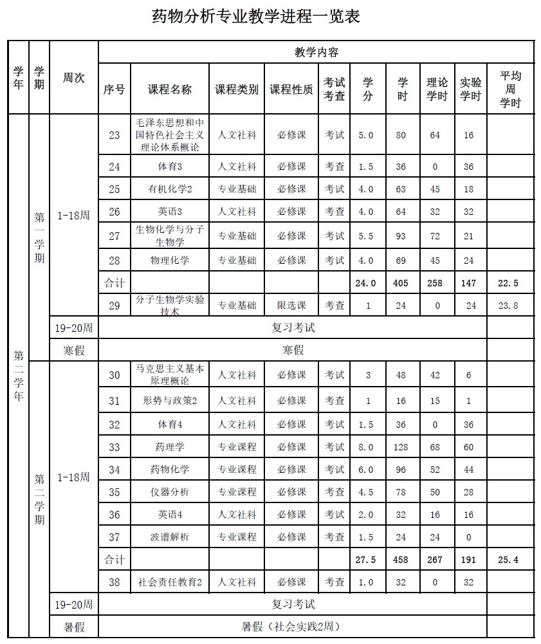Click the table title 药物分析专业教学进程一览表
(x=255, y=17)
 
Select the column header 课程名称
(x=170, y=90)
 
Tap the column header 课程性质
(x=291, y=90)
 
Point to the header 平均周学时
(x=510, y=89)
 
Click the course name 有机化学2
(x=170, y=189)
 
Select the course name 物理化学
(x=170, y=261)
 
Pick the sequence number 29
(x=115, y=306)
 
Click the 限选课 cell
(x=291, y=306)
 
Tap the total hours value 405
(x=401, y=283)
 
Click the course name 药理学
(x=170, y=447)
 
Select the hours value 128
(x=401, y=447)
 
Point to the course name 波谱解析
(x=170, y=537)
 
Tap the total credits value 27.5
(x=366, y=560)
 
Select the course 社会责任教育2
(x=170, y=582)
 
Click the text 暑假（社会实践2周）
(x=291, y=627)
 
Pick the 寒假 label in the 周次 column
(x=74, y=350)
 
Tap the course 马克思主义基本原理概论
(x=170, y=374)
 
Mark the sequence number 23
(x=115, y=135)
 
